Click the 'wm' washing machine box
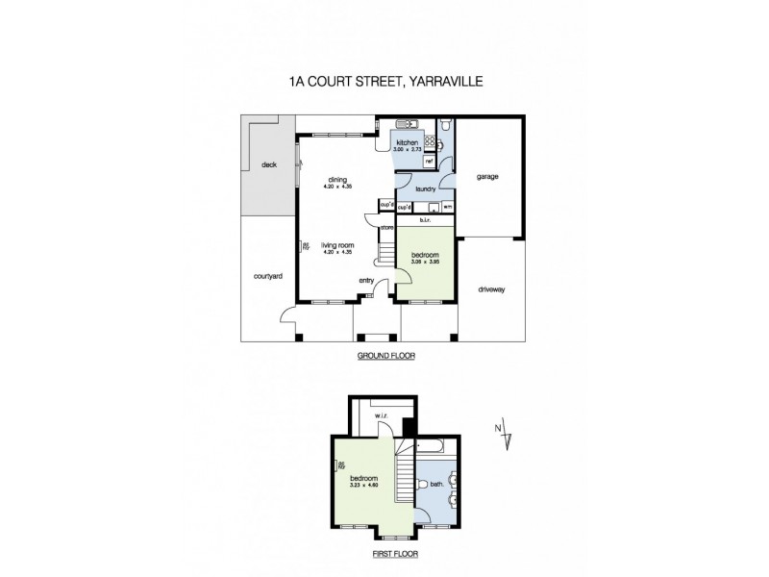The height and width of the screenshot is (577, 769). pos(448,207)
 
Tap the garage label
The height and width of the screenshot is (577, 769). pos(489,177)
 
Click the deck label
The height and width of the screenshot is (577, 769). pos(268,164)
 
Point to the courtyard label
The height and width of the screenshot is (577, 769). pos(267,276)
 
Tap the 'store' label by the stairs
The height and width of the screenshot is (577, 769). pos(386,228)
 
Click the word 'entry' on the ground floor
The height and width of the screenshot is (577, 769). pos(366,281)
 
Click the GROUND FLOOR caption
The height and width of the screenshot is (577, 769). pos(384,356)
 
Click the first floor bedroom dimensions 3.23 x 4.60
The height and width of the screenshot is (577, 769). pos(363,485)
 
